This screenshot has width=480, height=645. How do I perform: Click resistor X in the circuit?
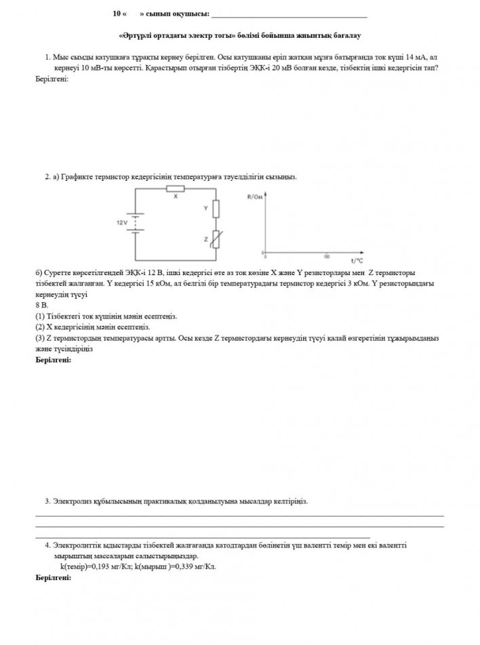tap(176, 189)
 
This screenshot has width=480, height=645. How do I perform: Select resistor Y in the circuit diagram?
tap(216, 209)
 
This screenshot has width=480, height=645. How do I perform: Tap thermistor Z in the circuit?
tap(216, 239)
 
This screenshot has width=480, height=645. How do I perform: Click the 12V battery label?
tap(122, 222)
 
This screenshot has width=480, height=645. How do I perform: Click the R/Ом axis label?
tap(255, 196)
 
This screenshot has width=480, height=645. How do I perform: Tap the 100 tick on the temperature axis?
tap(327, 257)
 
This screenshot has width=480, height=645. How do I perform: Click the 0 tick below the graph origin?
tap(265, 258)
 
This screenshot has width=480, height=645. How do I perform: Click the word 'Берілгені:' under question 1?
tap(52, 79)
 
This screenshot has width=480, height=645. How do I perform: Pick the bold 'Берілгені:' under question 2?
tap(53, 360)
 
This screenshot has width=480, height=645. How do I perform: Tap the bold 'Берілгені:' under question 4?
tap(53, 579)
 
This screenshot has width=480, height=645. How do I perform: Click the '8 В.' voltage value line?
tap(41, 306)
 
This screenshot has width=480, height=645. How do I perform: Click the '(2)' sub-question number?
tap(39, 326)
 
